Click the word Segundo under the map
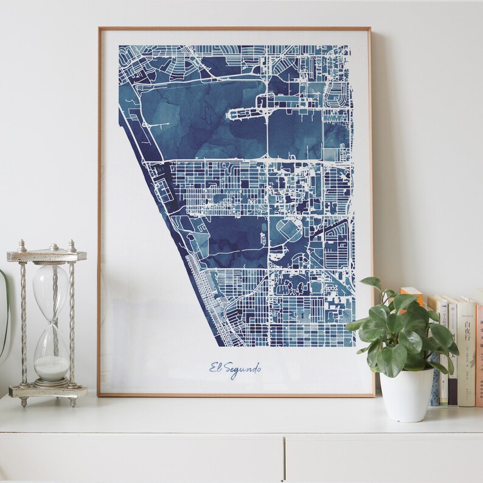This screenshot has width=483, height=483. pyautogui.click(x=243, y=369)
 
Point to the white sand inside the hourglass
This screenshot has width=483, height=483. pyautogui.click(x=51, y=367)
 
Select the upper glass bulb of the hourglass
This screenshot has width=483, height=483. pyautogui.click(x=50, y=286)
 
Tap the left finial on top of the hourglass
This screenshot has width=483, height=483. pyautogui.click(x=22, y=245)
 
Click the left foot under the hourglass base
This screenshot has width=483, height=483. pyautogui.click(x=23, y=402)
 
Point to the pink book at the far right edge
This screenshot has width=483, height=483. pyautogui.click(x=479, y=353)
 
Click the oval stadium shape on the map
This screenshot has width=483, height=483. pyautogui.click(x=286, y=230)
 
